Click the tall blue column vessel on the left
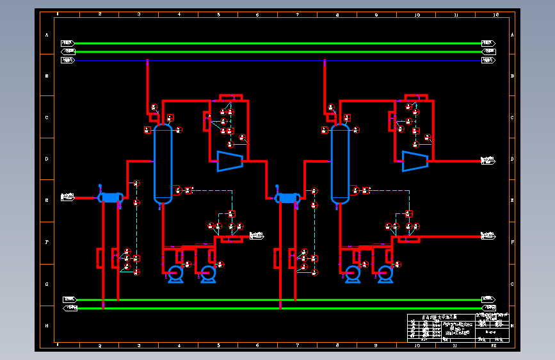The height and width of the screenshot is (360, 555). click(163, 163)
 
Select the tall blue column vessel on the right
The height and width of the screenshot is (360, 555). click(340, 163)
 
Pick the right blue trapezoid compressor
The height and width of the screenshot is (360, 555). click(414, 160)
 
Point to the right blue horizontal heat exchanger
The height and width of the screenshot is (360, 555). click(287, 198)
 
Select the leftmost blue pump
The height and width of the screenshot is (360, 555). click(175, 274)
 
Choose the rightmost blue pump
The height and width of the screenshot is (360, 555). click(385, 274)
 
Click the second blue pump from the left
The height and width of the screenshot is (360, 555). click(207, 274)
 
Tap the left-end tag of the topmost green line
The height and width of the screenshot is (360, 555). click(68, 43)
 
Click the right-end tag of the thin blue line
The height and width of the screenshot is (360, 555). click(488, 60)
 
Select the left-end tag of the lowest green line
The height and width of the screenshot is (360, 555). click(70, 308)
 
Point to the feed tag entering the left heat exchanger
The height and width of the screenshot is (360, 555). click(67, 197)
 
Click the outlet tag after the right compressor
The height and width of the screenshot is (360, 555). click(488, 160)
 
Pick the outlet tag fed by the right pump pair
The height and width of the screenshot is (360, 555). click(488, 236)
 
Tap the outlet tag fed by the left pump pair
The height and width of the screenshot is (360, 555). click(256, 236)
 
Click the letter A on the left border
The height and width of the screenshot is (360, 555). click(47, 35)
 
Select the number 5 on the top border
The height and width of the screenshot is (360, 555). click(218, 14)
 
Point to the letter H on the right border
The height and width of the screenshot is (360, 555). click(513, 326)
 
